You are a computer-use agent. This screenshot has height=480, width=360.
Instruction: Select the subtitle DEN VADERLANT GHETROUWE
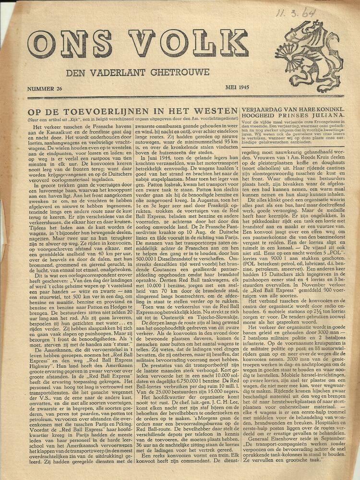click(x=138, y=72)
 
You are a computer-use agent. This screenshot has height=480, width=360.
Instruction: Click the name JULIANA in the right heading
click(x=331, y=116)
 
